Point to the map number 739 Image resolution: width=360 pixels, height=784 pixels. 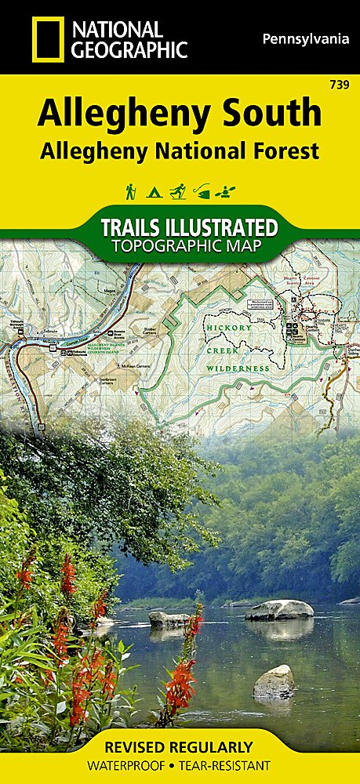pos(341,83)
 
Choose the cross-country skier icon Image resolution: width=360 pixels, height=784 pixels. pos(179,191)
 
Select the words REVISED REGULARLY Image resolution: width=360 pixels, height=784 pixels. pos(180,746)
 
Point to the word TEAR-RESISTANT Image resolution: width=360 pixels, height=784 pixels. pos(224,766)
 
